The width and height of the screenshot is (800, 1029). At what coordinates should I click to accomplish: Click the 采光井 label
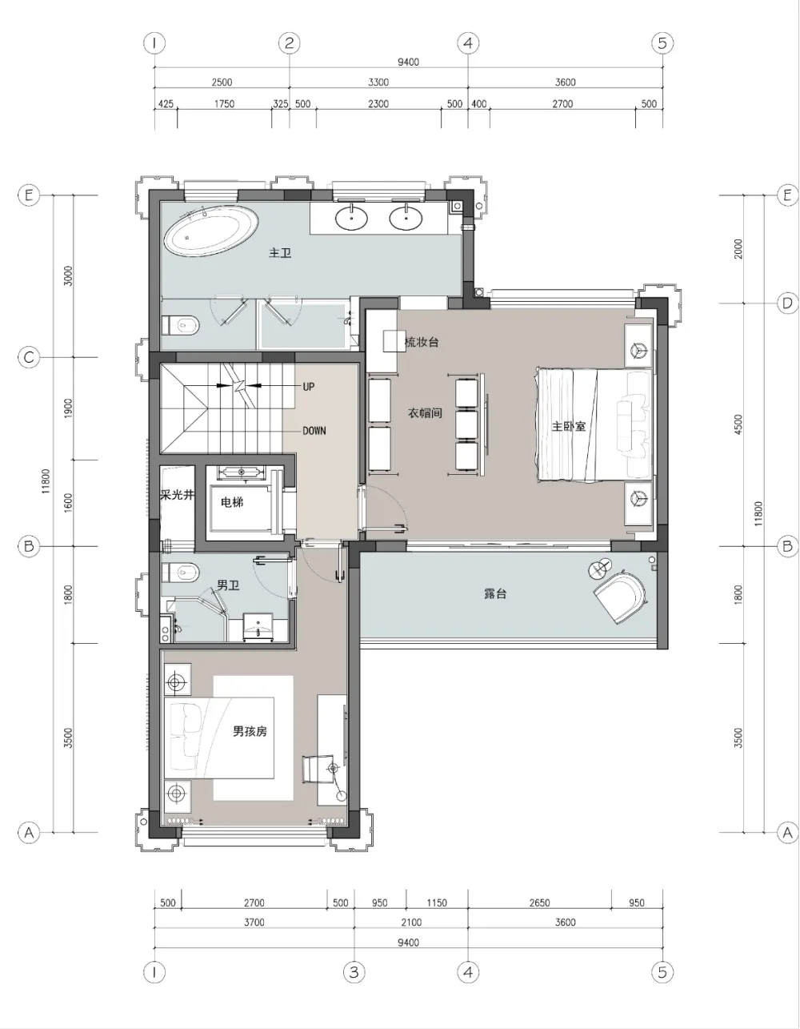click(177, 495)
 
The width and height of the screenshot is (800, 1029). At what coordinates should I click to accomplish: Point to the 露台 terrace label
click(495, 594)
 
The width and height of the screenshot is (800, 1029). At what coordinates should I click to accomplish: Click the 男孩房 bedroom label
click(250, 731)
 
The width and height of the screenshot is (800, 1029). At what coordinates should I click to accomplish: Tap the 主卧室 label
click(568, 426)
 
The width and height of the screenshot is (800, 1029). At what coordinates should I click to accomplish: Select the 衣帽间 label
click(425, 413)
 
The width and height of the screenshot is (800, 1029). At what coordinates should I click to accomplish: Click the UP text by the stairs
click(308, 386)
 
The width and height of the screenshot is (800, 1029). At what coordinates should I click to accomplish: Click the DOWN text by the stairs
click(314, 430)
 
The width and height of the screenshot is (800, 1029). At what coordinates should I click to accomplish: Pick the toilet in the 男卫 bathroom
click(181, 573)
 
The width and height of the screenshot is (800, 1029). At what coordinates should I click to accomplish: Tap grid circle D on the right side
click(787, 303)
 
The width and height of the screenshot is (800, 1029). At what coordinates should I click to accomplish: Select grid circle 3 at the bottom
click(354, 973)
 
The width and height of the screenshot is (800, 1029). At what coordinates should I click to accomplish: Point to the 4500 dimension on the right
click(738, 424)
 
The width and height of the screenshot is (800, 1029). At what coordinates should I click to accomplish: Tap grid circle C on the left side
click(29, 358)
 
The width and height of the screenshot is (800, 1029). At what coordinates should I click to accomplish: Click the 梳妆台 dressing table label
click(422, 342)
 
